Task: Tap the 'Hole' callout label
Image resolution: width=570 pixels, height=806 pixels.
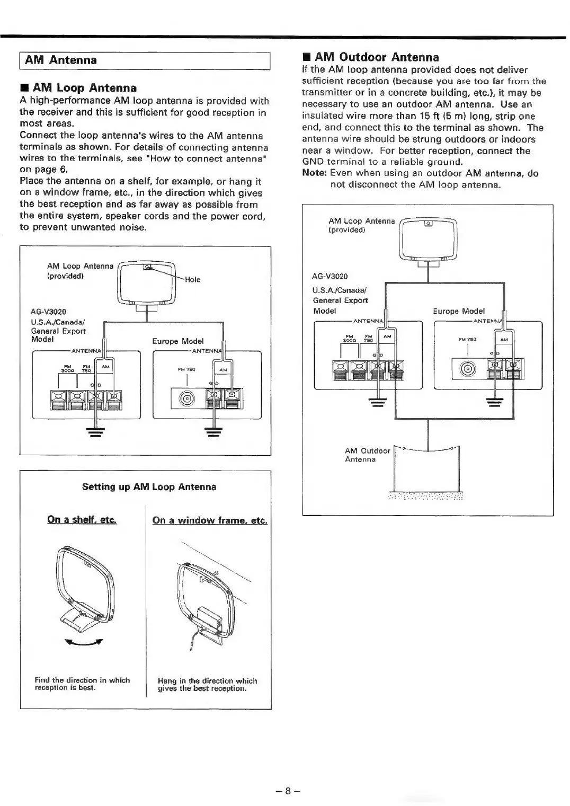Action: click(192, 279)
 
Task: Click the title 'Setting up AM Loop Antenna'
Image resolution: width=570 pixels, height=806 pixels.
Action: click(149, 487)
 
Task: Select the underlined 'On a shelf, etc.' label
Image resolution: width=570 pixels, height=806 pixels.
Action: click(82, 520)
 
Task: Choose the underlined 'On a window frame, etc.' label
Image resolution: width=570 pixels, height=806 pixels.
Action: click(210, 520)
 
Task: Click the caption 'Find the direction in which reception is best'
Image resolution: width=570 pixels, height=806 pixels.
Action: click(82, 684)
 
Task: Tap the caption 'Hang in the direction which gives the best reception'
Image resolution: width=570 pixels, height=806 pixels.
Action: click(208, 685)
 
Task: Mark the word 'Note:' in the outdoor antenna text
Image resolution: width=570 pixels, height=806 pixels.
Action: click(314, 173)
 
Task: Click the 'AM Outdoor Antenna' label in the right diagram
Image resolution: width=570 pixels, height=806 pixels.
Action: click(367, 455)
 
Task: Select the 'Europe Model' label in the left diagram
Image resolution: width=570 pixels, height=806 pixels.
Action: click(177, 341)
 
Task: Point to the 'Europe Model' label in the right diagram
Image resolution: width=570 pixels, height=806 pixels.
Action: click(458, 311)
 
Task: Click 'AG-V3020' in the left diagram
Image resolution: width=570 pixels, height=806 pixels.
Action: click(49, 312)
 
